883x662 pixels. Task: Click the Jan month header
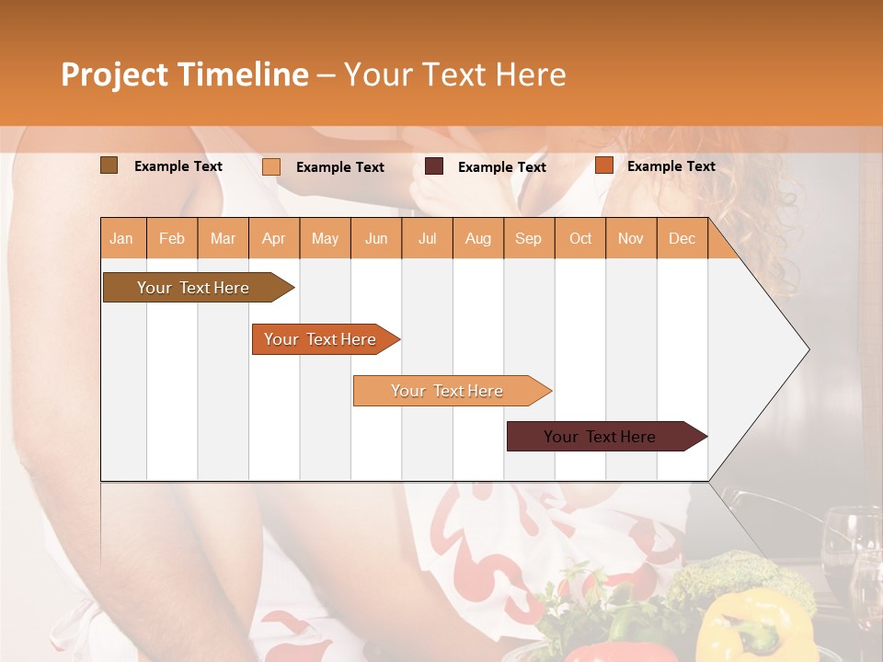[121, 238]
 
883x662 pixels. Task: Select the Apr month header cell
[274, 238]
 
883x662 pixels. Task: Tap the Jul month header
[427, 238]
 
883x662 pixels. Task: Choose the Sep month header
[528, 238]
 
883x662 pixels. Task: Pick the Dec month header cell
[682, 238]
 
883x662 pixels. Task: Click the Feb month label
[172, 238]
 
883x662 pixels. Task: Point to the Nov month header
[631, 238]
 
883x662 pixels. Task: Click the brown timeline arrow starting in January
[193, 288]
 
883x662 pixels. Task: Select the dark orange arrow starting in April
[320, 339]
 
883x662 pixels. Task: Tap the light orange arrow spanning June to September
[447, 391]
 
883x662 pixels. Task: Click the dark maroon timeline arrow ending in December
[600, 437]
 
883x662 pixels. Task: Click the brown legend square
[109, 165]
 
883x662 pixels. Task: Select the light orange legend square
[271, 166]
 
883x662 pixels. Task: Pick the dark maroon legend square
[434, 166]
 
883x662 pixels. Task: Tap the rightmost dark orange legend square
[603, 165]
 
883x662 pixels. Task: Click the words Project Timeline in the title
[184, 74]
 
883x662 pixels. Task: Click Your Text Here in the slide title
[454, 74]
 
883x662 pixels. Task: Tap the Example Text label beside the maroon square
[501, 167]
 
